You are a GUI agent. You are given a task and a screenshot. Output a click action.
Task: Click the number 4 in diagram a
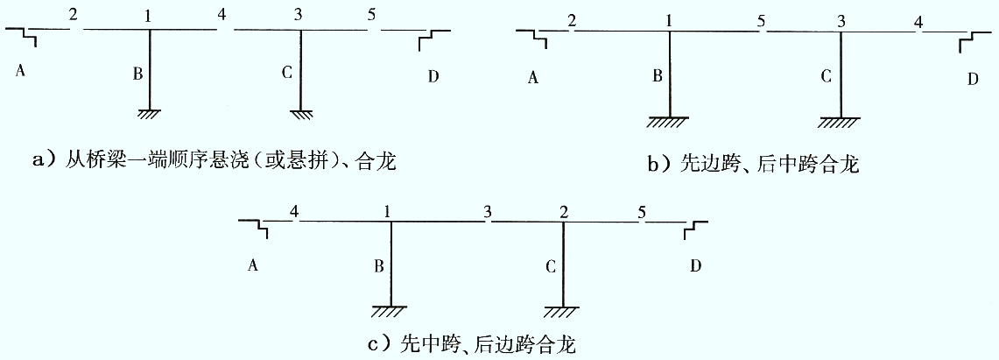coord(222,15)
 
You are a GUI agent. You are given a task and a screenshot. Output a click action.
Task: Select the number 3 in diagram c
coord(488,212)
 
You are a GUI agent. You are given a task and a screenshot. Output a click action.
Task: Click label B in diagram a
coord(137,74)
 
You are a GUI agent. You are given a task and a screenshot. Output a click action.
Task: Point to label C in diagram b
coord(827,77)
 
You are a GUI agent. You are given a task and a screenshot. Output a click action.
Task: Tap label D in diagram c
coord(695,265)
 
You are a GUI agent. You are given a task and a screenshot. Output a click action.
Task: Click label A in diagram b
coord(534,78)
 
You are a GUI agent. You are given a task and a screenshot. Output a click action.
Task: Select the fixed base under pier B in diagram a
coord(149,114)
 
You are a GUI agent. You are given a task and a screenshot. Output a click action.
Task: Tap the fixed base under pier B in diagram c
coord(390,312)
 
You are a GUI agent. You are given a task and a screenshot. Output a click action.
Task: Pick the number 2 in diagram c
coord(563,212)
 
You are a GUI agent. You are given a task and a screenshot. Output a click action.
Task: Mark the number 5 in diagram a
coord(371,15)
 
